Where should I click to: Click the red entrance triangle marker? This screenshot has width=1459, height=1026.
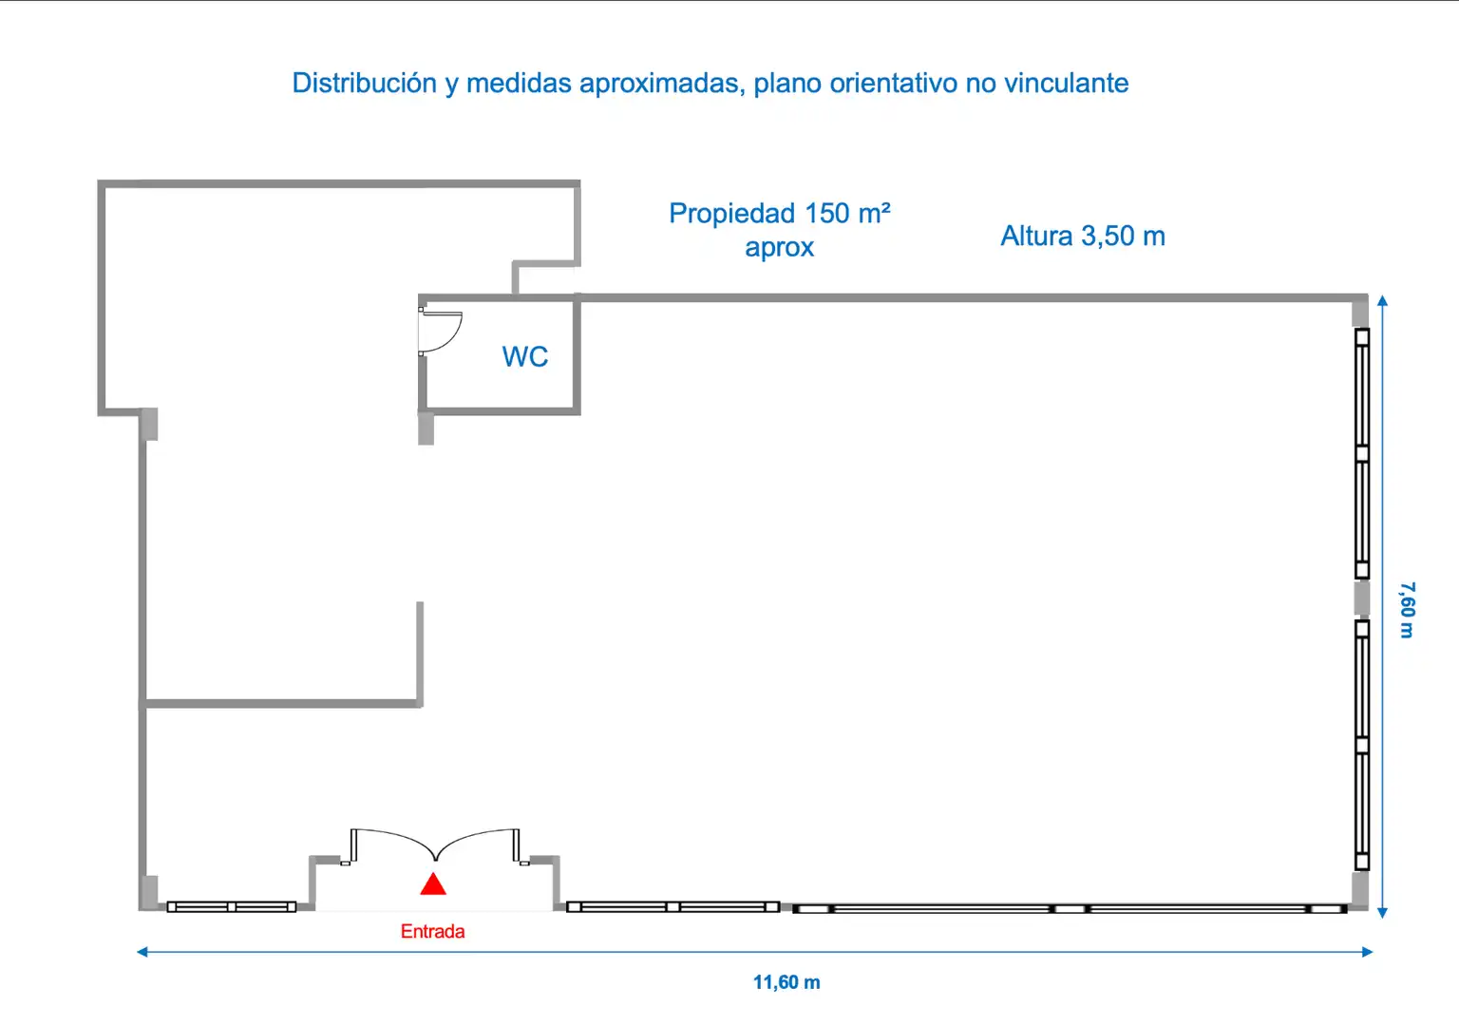point(433,884)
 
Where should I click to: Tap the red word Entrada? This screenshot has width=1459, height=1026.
point(432,932)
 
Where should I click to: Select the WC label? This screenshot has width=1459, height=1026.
point(525,357)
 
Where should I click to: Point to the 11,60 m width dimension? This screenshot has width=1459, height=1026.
point(786,982)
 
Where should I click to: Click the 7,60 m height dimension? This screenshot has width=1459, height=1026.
point(1407,610)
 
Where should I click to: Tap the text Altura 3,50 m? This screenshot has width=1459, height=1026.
point(1083,236)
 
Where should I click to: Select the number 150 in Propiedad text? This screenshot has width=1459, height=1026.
point(826,214)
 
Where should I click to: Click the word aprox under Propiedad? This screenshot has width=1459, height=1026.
point(780,248)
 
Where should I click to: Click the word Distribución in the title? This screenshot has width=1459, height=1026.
point(364,84)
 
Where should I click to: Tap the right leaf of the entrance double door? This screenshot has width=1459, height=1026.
point(478,843)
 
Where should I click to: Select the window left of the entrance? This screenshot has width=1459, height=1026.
point(231,907)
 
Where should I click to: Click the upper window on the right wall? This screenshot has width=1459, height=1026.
point(1362,453)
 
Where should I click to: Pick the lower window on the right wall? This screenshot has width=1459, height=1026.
point(1362,745)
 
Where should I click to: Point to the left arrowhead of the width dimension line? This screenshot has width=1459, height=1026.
point(142,952)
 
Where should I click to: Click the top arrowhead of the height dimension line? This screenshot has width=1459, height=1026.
point(1382,300)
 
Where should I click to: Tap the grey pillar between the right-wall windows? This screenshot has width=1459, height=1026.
point(1361,598)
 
